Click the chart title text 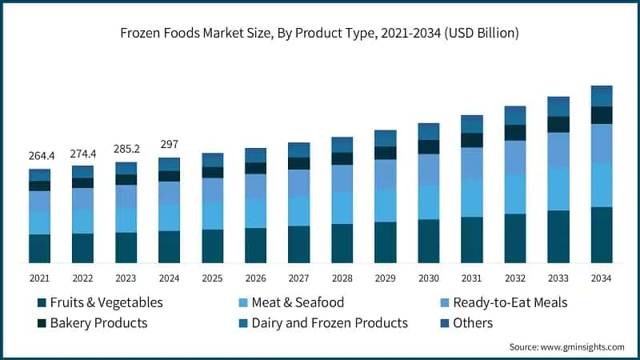pyautogui.click(x=320, y=34)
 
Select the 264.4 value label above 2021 pyautogui.click(x=39, y=156)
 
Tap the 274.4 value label pyautogui.click(x=82, y=153)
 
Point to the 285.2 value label pyautogui.click(x=126, y=149)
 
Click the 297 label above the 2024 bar pyautogui.click(x=169, y=145)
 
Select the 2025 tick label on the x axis pyautogui.click(x=212, y=277)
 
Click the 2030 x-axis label pyautogui.click(x=428, y=277)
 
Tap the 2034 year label pyautogui.click(x=601, y=277)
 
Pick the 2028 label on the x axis pyautogui.click(x=342, y=277)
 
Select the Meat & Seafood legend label pyautogui.click(x=297, y=302)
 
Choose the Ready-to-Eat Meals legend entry pyautogui.click(x=510, y=302)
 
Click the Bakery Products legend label pyautogui.click(x=98, y=323)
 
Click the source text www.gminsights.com pyautogui.click(x=566, y=346)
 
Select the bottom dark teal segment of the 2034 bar pyautogui.click(x=601, y=234)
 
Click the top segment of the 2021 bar pyautogui.click(x=39, y=174)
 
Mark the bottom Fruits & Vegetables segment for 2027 pyautogui.click(x=298, y=244)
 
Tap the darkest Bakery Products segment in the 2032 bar pyautogui.click(x=514, y=132)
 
